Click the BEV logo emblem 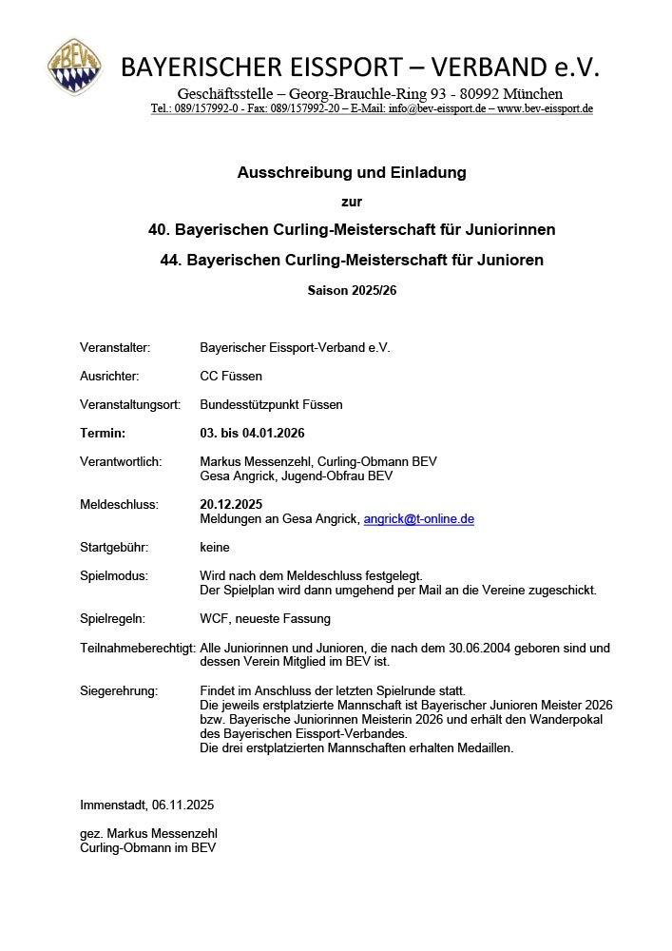tap(75, 67)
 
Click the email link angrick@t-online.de tap(418, 519)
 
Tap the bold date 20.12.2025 tap(231, 504)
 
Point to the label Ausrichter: tap(109, 376)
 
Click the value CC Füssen tap(231, 376)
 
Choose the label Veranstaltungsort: tap(130, 404)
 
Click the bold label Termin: tap(103, 433)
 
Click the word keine tap(215, 547)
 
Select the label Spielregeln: tap(112, 618)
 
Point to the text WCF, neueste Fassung tap(265, 618)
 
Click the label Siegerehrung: tap(119, 689)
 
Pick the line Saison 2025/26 tap(352, 290)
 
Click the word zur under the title tap(352, 202)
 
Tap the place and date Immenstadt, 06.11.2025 tap(147, 805)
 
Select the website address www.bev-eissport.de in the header tap(545, 108)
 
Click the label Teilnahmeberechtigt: tap(137, 648)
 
